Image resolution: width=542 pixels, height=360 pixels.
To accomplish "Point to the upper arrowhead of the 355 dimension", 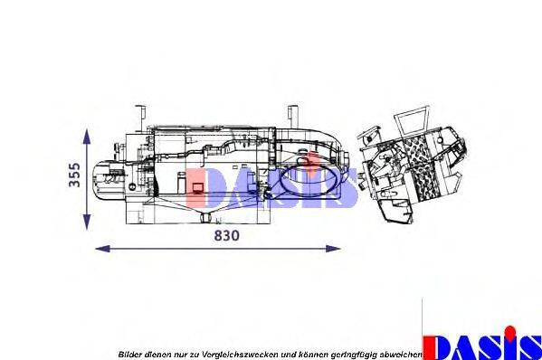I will pos(87,133).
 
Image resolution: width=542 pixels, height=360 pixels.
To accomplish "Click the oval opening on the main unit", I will pos(310,183).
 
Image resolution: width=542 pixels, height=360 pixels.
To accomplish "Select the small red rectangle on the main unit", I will pos(195,189).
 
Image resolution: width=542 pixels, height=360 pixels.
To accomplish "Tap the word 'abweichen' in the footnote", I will pos(400,353).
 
